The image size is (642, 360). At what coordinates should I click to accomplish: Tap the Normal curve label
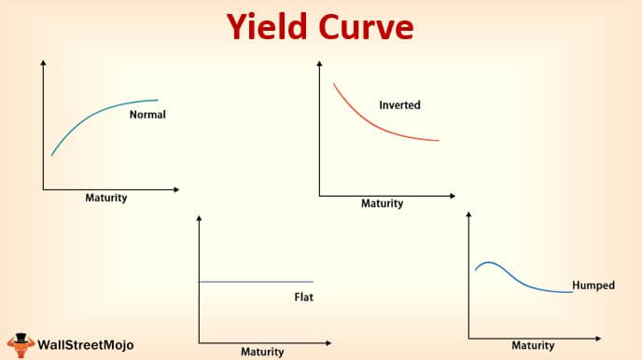147,116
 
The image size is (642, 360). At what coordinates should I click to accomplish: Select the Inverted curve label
399,105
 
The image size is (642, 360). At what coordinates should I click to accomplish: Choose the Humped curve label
593,285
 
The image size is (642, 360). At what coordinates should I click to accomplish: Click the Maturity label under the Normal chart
106,198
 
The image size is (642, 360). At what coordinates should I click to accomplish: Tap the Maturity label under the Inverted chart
382,203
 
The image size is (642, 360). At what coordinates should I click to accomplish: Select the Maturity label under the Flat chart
262,352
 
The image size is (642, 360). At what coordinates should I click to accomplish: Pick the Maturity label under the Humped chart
533,345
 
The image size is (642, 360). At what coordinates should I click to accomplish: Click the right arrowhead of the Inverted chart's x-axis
446,196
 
